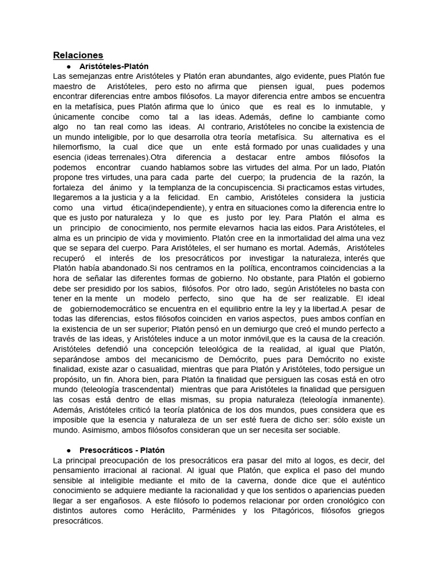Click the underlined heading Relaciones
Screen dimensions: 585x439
[78, 55]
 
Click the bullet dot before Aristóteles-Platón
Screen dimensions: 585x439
[68, 66]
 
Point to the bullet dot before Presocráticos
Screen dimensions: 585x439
[68, 450]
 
